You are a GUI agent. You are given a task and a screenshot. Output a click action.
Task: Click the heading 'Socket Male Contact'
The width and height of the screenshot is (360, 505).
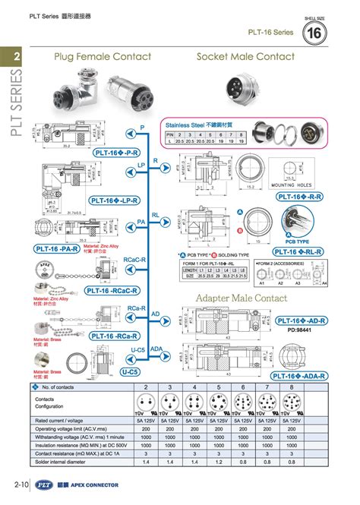pyautogui.click(x=245, y=57)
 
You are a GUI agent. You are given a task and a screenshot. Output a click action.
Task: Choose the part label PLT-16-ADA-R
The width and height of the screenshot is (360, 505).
pyautogui.click(x=300, y=375)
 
